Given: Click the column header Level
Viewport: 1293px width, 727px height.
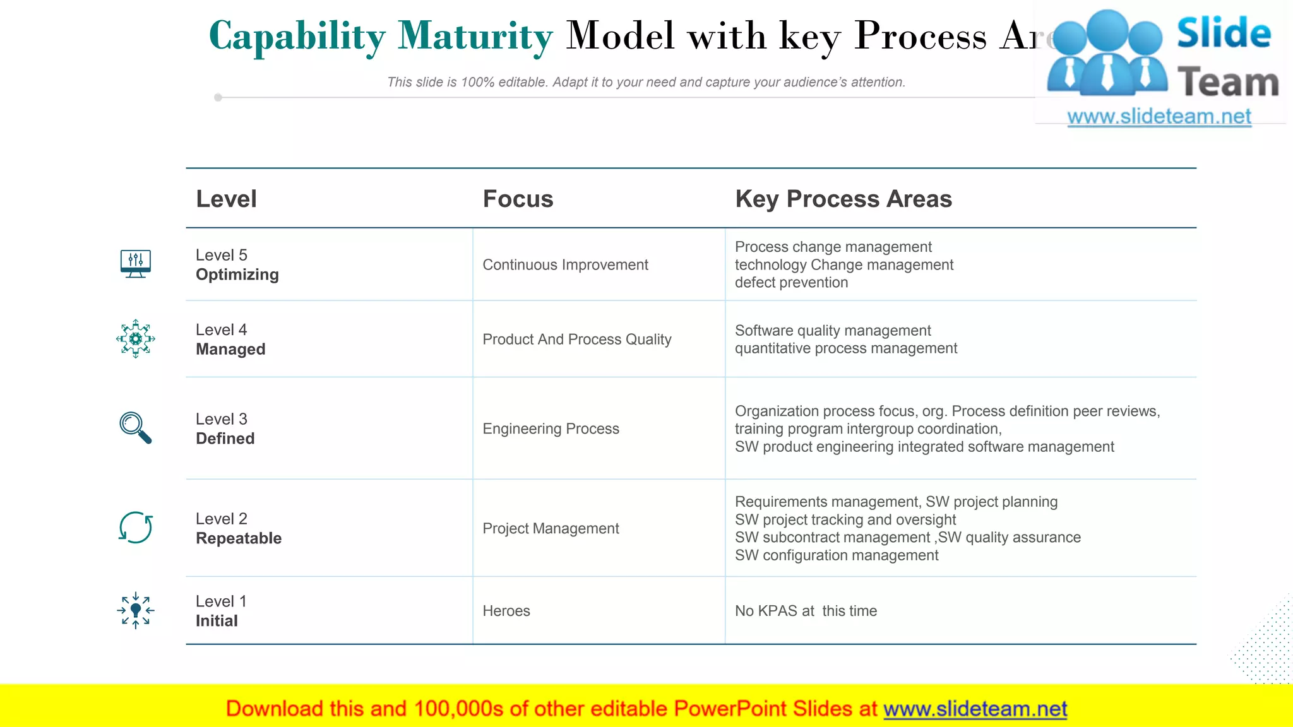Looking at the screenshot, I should (x=226, y=199).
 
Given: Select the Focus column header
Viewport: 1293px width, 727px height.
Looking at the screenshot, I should (x=518, y=199).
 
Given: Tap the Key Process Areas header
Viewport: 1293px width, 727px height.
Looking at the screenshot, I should (x=843, y=199).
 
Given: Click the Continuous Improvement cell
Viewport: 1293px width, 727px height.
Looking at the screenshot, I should (x=565, y=265).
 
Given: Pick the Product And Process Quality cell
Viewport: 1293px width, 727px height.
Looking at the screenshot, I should (x=576, y=340).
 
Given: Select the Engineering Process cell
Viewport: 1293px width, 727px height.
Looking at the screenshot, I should (x=551, y=429).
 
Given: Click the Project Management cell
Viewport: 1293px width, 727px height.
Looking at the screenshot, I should (x=551, y=529).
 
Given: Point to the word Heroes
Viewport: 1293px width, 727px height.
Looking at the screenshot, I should (x=506, y=611).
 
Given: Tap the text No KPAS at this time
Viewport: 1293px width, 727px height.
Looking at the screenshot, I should (x=806, y=611).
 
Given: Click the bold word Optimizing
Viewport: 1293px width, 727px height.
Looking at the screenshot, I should (x=237, y=275).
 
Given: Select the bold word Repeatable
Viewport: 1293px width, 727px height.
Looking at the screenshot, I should (x=238, y=538).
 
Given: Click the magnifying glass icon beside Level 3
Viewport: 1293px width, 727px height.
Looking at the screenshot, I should (x=135, y=428).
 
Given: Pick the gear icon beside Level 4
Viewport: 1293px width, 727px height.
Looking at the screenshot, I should (x=135, y=339).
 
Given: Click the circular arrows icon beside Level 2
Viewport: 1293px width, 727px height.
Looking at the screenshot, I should (x=135, y=528).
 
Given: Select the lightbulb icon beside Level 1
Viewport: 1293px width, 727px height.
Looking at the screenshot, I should (x=135, y=610).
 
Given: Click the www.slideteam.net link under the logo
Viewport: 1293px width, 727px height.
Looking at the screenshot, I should (x=1159, y=117).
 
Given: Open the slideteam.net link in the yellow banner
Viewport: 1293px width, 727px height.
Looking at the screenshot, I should (x=975, y=709).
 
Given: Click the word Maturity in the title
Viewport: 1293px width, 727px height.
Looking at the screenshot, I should (x=475, y=36).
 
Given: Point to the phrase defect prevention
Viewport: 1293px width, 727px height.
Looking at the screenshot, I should (x=791, y=283).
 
